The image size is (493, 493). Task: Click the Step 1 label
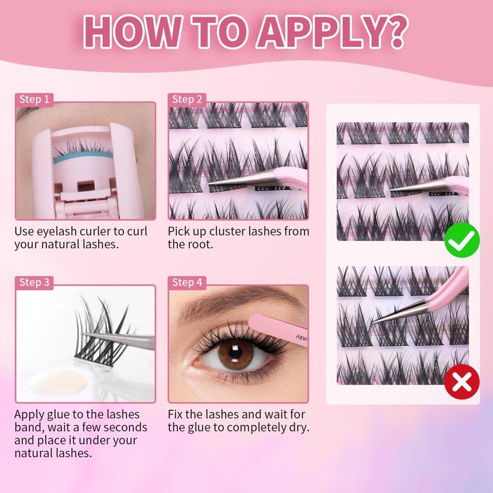pos(35,99)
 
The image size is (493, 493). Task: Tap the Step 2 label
pos(187,99)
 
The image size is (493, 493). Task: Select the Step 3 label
pos(35,282)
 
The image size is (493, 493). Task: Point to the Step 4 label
pos(187,282)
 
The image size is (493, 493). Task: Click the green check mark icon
pos(462,240)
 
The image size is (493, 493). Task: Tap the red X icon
pos(462,381)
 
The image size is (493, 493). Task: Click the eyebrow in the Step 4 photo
pos(233,302)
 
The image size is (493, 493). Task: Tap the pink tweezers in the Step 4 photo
pos(278,330)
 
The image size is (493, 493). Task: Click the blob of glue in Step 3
pos(58,383)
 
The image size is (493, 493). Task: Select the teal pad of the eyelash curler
pos(83,157)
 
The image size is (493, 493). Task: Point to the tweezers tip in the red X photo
pos(373,322)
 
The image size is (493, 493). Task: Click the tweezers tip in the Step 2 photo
pos(210,183)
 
